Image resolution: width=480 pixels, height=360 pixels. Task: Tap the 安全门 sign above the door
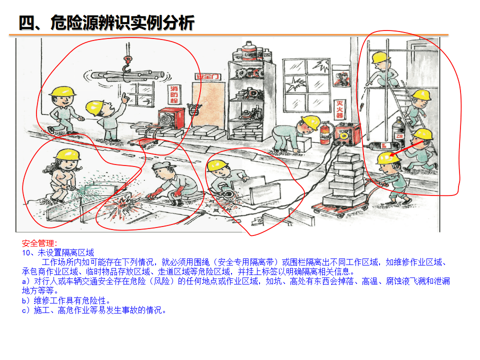click(208, 77)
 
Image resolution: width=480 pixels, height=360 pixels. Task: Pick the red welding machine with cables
click(347, 134)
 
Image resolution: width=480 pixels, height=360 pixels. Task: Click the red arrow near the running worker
click(406, 148)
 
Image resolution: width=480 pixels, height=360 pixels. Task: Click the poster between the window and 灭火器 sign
click(342, 77)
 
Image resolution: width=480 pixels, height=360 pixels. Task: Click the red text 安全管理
click(39, 243)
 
